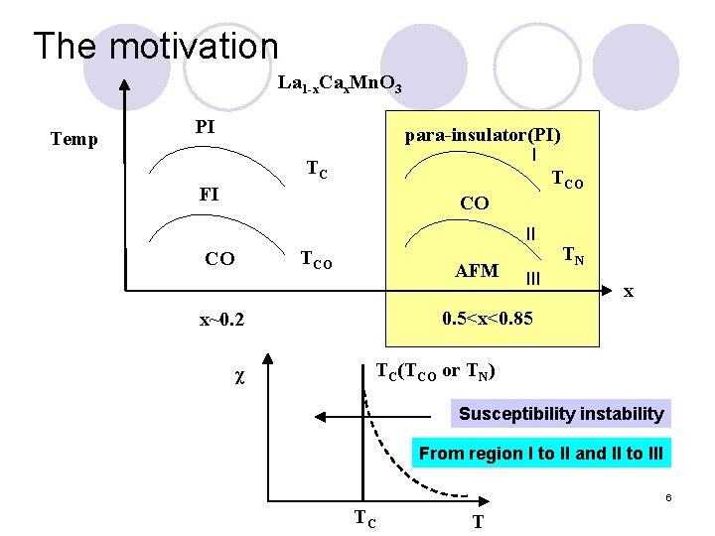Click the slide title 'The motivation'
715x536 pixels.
pyautogui.click(x=156, y=46)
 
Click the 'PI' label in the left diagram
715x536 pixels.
pyautogui.click(x=206, y=127)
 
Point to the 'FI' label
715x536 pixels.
pyautogui.click(x=209, y=194)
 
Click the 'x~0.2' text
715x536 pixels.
pyautogui.click(x=221, y=321)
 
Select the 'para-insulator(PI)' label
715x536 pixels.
pyautogui.click(x=489, y=135)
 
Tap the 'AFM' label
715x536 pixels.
pyautogui.click(x=476, y=270)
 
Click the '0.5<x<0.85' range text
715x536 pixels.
pyautogui.click(x=488, y=320)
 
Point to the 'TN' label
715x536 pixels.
pyautogui.click(x=573, y=256)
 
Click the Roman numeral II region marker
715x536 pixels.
pyautogui.click(x=531, y=234)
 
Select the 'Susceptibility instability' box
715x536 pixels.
pyautogui.click(x=560, y=413)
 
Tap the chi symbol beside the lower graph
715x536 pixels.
pyautogui.click(x=239, y=378)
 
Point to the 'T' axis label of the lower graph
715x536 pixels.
pyautogui.click(x=478, y=520)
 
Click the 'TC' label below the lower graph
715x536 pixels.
pyautogui.click(x=365, y=518)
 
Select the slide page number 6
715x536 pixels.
pyautogui.click(x=669, y=495)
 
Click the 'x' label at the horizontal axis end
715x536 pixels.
pyautogui.click(x=628, y=293)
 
